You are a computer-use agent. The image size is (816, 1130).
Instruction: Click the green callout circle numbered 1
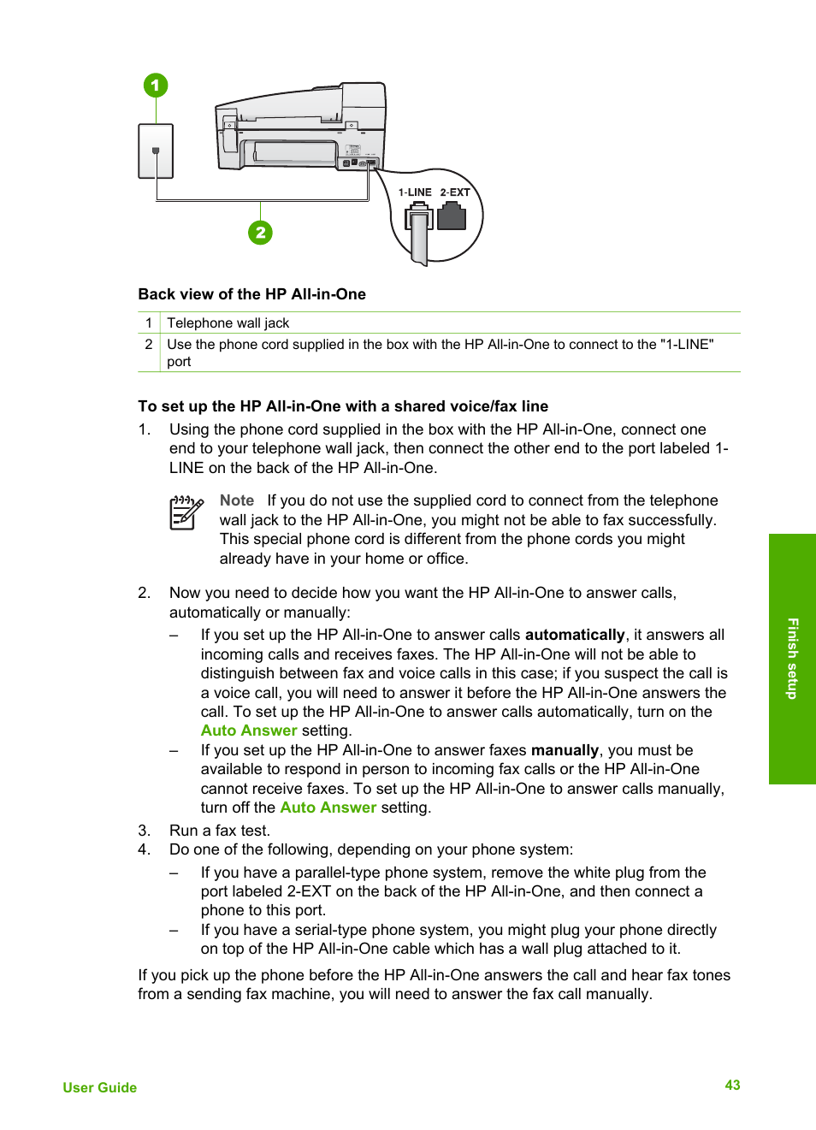(156, 86)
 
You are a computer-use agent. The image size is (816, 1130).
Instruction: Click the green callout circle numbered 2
(260, 233)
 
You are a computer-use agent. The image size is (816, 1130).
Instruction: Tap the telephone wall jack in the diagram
(156, 151)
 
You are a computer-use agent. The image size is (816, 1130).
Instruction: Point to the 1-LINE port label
(415, 192)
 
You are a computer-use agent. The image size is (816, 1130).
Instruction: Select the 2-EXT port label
(455, 192)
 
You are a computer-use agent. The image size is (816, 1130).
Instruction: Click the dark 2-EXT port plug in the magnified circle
(452, 217)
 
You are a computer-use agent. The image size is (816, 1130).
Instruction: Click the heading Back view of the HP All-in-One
(252, 294)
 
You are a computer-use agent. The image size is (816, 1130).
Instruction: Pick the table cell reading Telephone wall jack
(228, 323)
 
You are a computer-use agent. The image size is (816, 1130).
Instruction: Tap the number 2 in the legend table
(149, 345)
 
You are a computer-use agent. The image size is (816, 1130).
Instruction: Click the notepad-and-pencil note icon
(186, 512)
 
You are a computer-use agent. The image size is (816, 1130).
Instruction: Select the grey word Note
(237, 500)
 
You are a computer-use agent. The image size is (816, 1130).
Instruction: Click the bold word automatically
(575, 635)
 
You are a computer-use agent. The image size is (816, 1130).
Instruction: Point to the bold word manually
(565, 750)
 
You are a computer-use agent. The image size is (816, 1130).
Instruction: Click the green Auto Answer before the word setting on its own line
(249, 731)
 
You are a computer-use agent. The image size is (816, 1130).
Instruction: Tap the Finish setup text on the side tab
(792, 659)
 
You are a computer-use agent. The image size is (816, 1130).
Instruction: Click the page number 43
(732, 1085)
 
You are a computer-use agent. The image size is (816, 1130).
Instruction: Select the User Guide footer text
(100, 1087)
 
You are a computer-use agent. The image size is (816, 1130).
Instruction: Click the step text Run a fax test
(220, 831)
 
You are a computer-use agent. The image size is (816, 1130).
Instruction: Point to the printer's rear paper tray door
(295, 152)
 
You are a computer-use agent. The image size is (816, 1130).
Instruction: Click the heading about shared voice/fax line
(343, 406)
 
